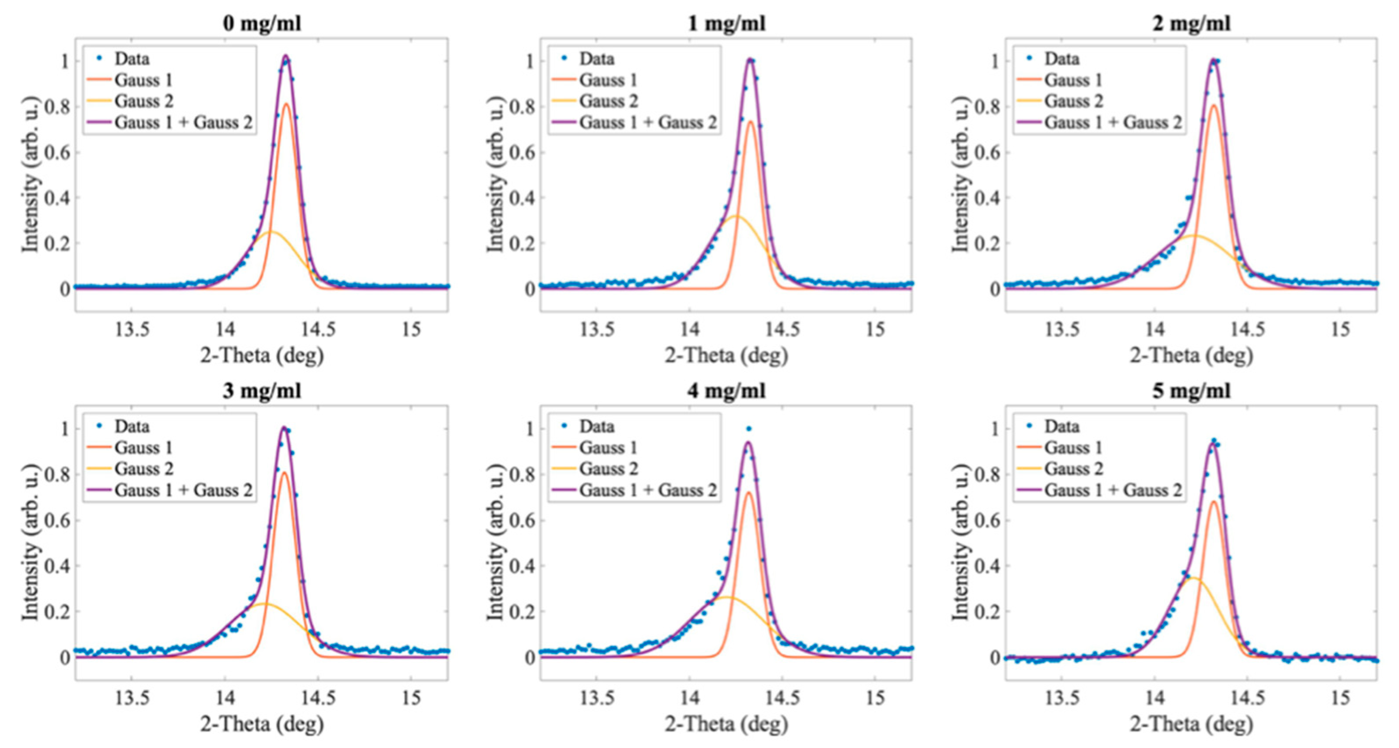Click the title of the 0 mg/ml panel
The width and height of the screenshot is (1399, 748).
pos(262,23)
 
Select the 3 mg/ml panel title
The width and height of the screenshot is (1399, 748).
pos(262,391)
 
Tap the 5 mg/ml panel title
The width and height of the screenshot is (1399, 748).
pos(1192,391)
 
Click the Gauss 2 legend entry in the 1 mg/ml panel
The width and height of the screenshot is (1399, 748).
pos(608,101)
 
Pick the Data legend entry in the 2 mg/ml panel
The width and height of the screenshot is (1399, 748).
pos(1061,59)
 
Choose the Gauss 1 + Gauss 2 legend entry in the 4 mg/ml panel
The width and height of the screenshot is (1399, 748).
pos(647,490)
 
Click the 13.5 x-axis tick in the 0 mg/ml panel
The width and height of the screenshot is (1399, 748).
pos(132,329)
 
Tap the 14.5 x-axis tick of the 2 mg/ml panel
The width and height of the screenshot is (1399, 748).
pos(1248,329)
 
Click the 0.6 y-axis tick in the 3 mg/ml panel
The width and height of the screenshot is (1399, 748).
pos(57,520)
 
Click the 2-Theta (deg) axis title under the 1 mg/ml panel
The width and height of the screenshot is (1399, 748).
pos(727,356)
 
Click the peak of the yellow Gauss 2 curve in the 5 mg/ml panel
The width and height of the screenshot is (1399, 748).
pos(1192,578)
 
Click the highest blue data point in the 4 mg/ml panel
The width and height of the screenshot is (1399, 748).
pos(749,429)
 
